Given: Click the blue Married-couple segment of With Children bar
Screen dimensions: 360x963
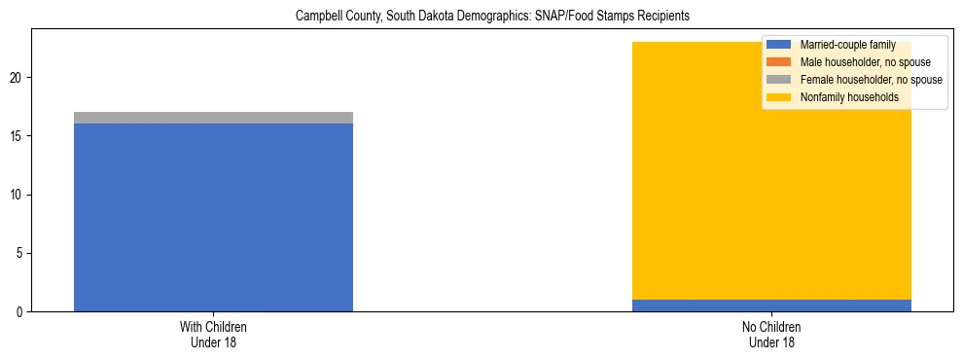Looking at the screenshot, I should tap(213, 217).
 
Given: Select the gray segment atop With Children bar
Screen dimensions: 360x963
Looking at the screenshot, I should tap(213, 118).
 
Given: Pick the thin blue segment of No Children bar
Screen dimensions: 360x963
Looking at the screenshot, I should tap(771, 306).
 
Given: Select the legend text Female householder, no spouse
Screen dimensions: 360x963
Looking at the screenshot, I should tap(871, 80).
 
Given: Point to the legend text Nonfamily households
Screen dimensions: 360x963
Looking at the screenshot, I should tap(848, 97).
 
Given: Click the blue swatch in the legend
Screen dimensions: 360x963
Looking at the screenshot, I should tap(779, 45).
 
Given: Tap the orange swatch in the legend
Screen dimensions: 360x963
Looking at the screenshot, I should tap(779, 62).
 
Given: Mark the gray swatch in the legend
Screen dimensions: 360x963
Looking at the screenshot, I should tap(779, 80).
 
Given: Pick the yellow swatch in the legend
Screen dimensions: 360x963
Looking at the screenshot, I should tap(779, 97).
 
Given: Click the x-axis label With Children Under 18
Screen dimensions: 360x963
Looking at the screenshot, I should tap(213, 335).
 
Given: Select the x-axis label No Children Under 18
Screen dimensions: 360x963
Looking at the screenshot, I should tap(771, 335).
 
